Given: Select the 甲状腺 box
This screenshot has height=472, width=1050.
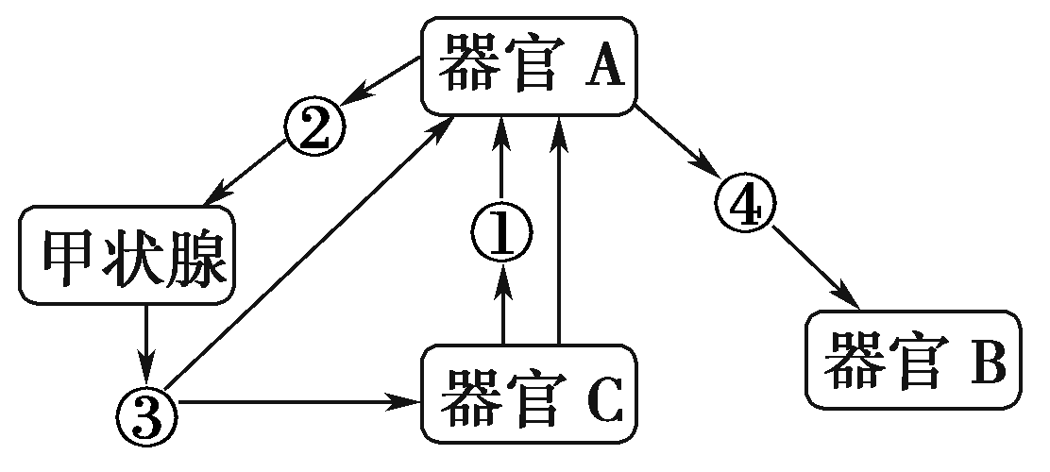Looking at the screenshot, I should tap(127, 257).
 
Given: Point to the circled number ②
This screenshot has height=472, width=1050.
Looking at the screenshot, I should tap(313, 127).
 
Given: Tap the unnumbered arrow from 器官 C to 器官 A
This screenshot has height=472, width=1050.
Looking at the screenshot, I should tap(560, 231).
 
